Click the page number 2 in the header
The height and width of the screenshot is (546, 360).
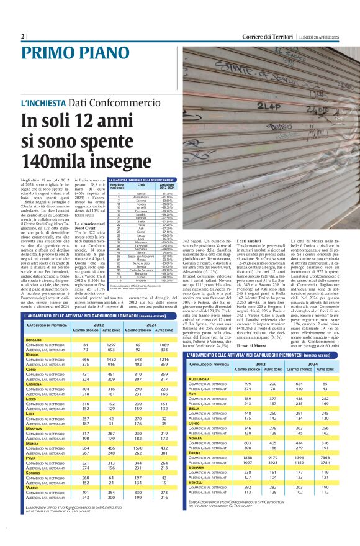pyautogui.click(x=23, y=36)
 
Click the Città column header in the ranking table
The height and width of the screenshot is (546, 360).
pyautogui.click(x=141, y=186)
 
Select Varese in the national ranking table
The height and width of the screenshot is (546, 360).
pyautogui.click(x=142, y=194)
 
